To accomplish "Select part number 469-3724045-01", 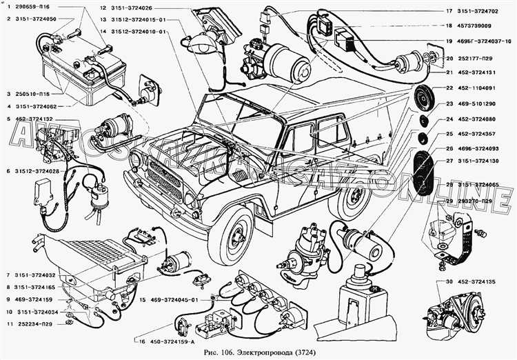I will click(x=169, y=300).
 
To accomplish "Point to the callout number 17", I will click(x=449, y=11).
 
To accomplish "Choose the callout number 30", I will click(x=449, y=281).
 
